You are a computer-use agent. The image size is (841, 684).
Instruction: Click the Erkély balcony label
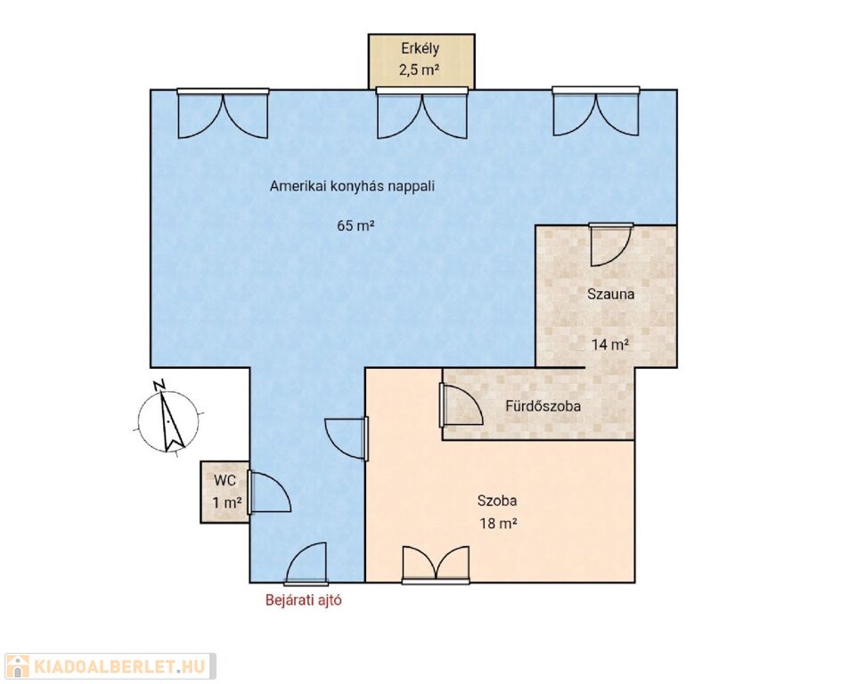(420, 49)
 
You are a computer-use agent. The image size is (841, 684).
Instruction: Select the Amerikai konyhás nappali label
(352, 186)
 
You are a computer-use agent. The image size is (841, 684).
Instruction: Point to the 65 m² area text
(355, 225)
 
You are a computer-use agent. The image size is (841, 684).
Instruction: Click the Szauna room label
(610, 294)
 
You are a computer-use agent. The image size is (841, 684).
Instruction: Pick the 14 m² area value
(610, 344)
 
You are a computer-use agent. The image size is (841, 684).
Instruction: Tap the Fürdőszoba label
(543, 406)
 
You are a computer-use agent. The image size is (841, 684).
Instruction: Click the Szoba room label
(497, 501)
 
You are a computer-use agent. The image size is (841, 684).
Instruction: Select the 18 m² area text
(498, 523)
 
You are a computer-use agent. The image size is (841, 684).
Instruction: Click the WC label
(225, 480)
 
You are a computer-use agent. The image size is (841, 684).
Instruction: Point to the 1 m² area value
(226, 503)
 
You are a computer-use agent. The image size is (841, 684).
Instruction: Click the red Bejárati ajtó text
(304, 600)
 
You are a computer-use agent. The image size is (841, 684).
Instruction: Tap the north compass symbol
(167, 418)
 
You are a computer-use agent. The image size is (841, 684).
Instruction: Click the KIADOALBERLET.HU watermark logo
(109, 666)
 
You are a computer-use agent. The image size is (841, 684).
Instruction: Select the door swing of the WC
(269, 493)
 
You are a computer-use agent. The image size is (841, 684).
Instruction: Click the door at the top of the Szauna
(610, 244)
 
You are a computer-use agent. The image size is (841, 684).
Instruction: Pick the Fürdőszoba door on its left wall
(461, 404)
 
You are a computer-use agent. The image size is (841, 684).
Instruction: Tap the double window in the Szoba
(436, 565)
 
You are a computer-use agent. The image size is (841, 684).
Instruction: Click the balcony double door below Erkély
(422, 113)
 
